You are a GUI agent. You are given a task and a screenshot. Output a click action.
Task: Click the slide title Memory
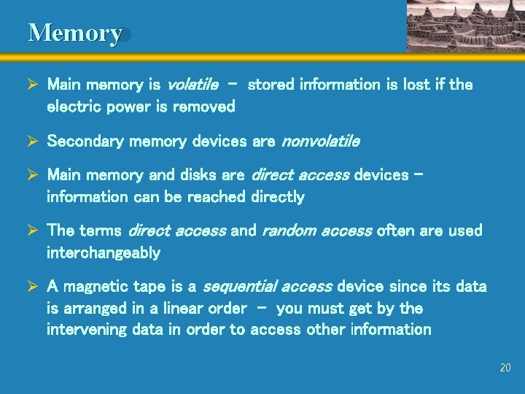74,33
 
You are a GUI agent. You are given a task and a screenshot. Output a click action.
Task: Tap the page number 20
505,368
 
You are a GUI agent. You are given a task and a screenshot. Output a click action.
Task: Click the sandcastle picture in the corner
464,26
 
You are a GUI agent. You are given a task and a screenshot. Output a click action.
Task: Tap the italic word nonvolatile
320,141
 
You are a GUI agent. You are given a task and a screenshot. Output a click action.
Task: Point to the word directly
277,197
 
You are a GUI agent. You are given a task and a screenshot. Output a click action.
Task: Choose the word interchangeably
104,253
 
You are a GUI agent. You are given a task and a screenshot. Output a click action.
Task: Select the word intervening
87,330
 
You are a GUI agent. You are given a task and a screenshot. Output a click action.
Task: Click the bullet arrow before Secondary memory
34,141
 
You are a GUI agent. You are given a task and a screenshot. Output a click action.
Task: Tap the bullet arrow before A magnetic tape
34,287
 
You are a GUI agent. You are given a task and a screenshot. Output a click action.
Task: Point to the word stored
271,85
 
